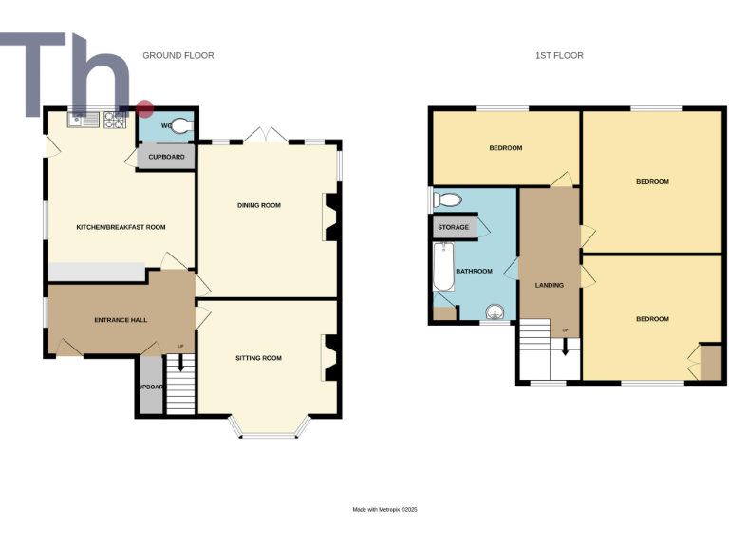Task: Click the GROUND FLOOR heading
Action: (178, 55)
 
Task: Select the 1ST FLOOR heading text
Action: (558, 55)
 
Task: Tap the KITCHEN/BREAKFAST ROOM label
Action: (121, 227)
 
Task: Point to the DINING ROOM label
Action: (258, 205)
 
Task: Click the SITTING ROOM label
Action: (258, 358)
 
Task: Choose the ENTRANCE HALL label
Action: (120, 320)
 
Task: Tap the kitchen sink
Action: (83, 120)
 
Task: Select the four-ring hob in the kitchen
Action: (116, 120)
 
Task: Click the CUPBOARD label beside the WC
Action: (167, 157)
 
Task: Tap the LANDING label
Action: (550, 285)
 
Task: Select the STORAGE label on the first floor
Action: (453, 227)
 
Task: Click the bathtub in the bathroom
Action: (441, 267)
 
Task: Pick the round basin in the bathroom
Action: (495, 311)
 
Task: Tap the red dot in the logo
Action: (144, 108)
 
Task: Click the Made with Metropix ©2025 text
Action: (384, 510)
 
